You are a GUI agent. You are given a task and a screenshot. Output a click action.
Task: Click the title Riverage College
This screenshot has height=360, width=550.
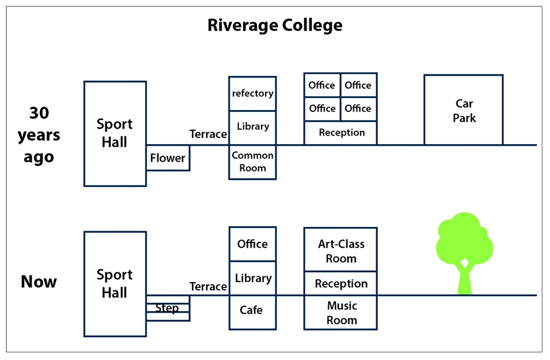point(274,26)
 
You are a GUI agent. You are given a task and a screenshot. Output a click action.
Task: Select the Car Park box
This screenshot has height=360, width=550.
point(463,110)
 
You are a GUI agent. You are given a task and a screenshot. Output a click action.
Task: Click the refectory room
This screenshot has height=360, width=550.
point(252,94)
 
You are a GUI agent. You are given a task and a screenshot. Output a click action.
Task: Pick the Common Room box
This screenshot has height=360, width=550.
point(252,162)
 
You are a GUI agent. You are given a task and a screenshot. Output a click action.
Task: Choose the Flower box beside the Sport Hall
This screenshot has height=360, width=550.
point(167,158)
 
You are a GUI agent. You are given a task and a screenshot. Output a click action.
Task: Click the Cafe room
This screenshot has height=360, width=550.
point(252,311)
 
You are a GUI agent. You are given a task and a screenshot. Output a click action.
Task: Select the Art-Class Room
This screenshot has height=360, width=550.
point(341,251)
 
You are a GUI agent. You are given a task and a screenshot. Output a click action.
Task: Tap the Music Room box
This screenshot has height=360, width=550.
point(341,313)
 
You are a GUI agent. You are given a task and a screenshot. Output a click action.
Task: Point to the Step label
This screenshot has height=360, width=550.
point(167,308)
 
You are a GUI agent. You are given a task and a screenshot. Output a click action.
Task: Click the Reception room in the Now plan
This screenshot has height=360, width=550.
point(341,284)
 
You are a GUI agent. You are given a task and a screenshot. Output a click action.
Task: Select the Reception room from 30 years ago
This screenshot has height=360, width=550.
point(341,133)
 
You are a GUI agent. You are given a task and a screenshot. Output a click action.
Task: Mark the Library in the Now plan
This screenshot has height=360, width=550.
point(252,278)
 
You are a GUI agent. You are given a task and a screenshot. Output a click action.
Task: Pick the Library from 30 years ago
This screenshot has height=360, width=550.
point(252,126)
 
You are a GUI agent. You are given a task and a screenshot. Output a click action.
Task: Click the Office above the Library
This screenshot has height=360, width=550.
point(252,244)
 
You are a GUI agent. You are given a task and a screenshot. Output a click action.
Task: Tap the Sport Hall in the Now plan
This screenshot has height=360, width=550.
point(115,284)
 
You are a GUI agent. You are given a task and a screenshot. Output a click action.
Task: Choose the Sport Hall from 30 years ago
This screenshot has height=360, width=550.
point(115,133)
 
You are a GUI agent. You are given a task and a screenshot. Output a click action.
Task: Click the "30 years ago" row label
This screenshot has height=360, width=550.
point(39,135)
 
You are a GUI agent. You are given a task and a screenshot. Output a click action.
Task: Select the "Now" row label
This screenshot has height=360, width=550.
point(39,282)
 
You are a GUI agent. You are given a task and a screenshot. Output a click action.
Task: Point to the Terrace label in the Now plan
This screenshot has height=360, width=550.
point(208,286)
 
